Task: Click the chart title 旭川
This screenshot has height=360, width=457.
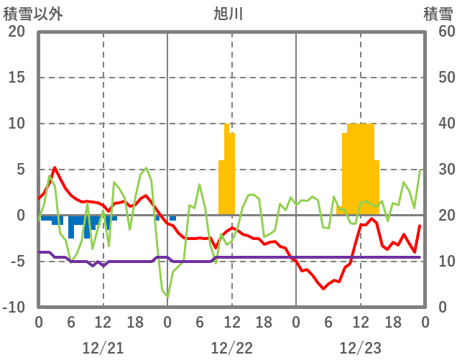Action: pos(228,14)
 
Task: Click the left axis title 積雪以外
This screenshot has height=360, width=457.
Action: pos(33,14)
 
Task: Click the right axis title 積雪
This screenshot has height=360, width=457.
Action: pos(438,14)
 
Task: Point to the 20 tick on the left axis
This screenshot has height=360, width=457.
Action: pos(17,32)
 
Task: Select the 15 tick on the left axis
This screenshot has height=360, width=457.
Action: pos(17,78)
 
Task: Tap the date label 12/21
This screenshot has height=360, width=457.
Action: pos(103,348)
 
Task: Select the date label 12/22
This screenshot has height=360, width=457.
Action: pos(231,348)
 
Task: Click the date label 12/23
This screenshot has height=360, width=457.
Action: pos(360,348)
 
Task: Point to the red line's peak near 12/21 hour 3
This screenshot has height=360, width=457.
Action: pos(55,167)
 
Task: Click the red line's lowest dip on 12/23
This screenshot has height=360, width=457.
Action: pos(323,288)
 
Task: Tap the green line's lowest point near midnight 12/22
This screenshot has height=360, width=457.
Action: pos(167,296)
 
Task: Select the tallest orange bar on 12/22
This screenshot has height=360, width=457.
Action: pos(226,170)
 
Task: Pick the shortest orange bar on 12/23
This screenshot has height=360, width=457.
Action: pos(339,211)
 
